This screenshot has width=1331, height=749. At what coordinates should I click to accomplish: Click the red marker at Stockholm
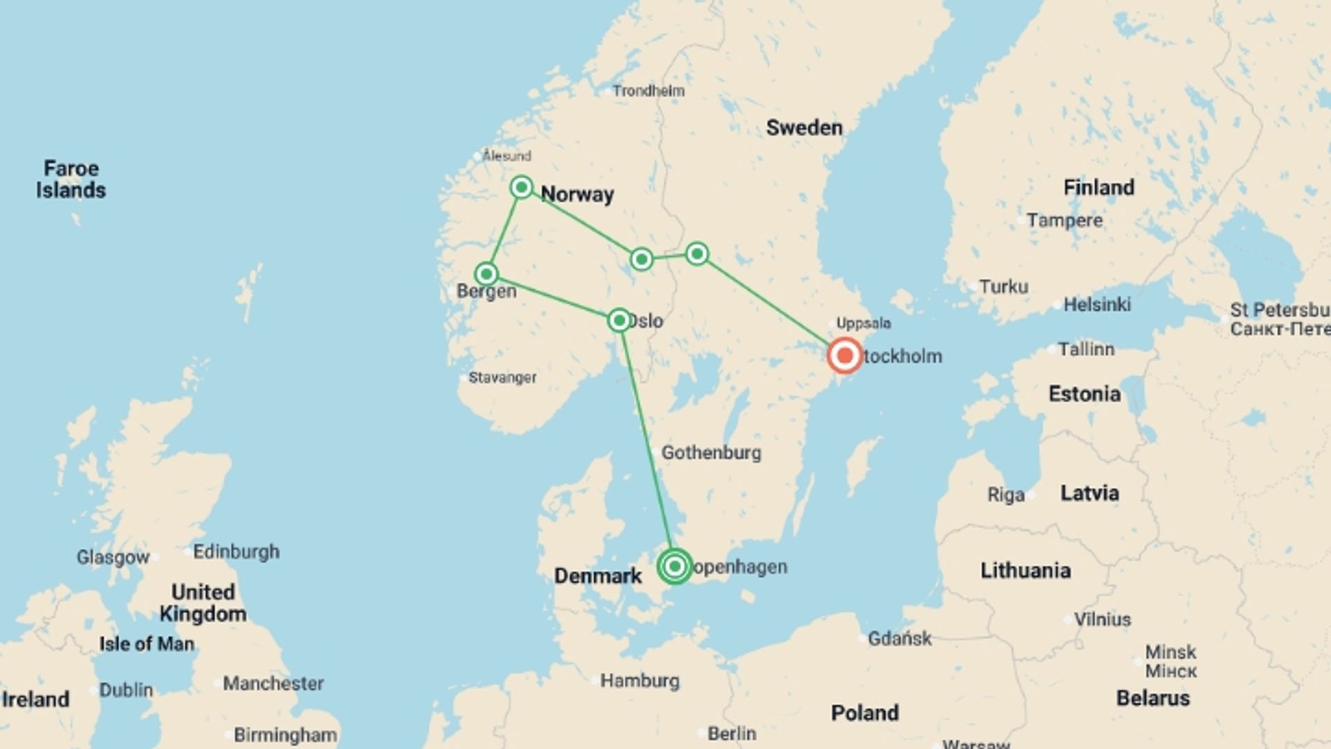[844, 356]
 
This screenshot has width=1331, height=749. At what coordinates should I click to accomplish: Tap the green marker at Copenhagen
[675, 567]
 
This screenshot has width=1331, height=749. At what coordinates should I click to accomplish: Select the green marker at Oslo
[619, 320]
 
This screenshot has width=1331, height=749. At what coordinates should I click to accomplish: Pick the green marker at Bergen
[487, 274]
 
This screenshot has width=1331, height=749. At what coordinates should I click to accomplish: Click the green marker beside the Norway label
[521, 187]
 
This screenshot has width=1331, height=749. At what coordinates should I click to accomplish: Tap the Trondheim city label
[648, 91]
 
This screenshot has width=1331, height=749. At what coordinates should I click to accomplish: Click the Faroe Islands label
[71, 179]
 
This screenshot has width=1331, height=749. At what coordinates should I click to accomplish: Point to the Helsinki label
[1097, 304]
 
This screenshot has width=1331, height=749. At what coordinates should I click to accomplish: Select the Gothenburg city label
[711, 453]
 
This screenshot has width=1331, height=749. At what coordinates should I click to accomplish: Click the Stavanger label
[502, 378]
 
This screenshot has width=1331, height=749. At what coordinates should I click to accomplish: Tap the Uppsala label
[863, 323]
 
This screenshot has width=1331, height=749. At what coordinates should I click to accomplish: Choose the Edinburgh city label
[236, 552]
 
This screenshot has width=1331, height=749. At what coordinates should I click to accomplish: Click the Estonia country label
[1084, 394]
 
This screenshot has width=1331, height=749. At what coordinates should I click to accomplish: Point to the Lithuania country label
[1025, 571]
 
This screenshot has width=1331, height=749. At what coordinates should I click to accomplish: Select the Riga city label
[1006, 495]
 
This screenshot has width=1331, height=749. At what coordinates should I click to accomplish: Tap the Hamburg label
[639, 681]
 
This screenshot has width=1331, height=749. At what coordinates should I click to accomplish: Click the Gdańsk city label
[900, 638]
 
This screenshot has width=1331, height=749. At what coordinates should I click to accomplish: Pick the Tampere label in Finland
[1064, 221]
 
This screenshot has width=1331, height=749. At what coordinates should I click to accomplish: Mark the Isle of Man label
[146, 644]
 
